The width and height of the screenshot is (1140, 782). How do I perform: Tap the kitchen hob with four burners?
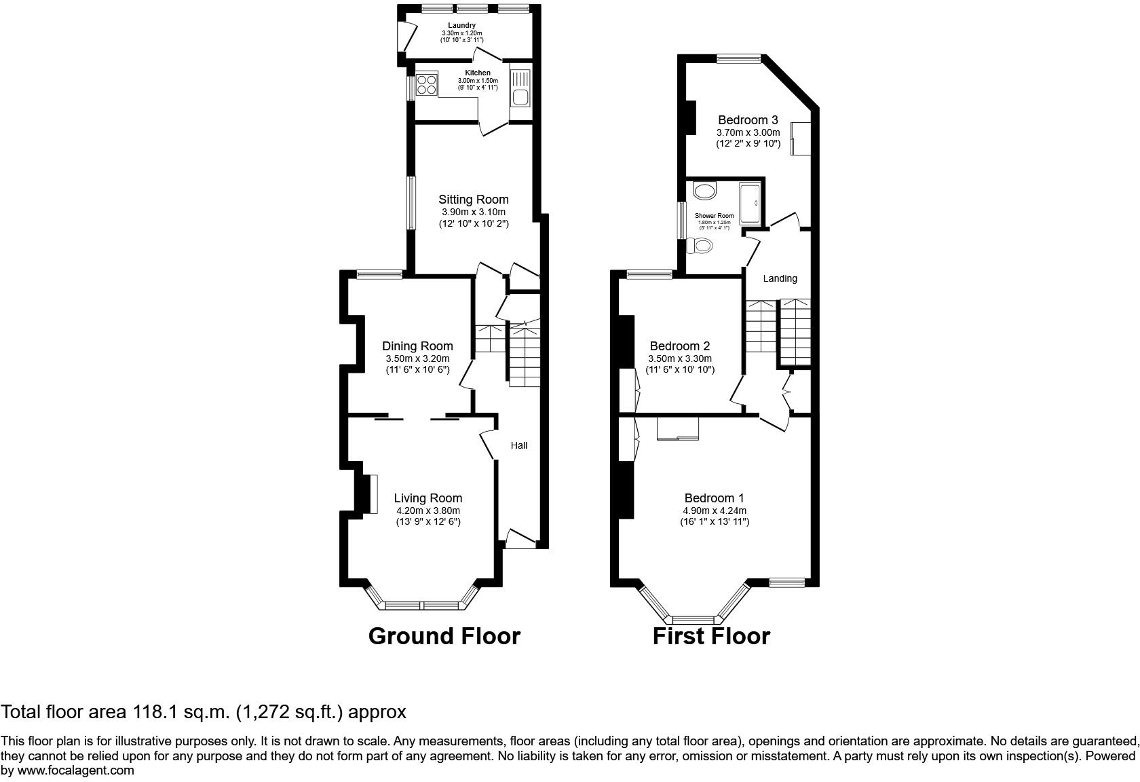coord(427,85)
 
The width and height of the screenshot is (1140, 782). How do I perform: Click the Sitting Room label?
coord(473,199)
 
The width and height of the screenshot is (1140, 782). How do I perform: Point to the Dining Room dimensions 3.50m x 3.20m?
coord(417,358)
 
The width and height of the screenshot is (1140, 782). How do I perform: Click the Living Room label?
coord(427,498)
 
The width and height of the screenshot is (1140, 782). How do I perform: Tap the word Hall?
coord(519,445)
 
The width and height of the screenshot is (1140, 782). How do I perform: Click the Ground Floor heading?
coord(444,636)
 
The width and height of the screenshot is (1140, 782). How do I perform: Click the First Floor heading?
coord(711,636)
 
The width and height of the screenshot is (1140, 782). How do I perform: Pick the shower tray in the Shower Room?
coord(750,202)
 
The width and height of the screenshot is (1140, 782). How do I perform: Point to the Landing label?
coord(780,278)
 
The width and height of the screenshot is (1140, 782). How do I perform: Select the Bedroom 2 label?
coord(680,346)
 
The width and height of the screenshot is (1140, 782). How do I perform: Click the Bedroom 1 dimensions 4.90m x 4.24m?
coord(715,510)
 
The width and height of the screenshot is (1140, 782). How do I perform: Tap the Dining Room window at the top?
coord(379,274)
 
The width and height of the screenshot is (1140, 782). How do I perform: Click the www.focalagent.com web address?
coord(75,770)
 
